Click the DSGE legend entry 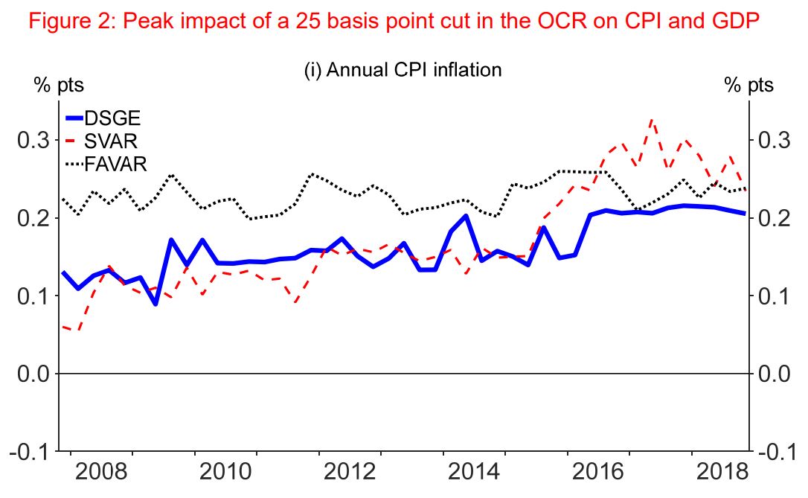[112, 118]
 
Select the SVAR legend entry [111, 141]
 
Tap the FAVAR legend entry [115, 164]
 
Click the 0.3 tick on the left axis [33, 140]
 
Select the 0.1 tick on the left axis [33, 296]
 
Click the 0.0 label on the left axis [33, 374]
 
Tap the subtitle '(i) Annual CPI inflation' [403, 70]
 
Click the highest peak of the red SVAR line [652, 119]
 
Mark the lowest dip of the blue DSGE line [155, 304]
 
